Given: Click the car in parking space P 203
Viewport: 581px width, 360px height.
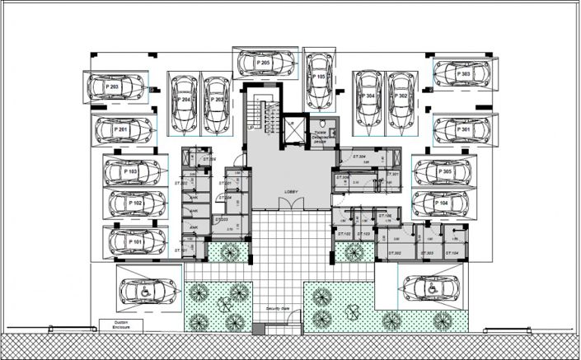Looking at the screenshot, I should pyautogui.click(x=115, y=86).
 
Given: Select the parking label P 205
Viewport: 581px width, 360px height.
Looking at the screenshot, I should pyautogui.click(x=263, y=63).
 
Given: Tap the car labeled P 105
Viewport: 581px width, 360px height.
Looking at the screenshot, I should pyautogui.click(x=319, y=78).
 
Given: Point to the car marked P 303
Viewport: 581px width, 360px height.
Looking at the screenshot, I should pyautogui.click(x=464, y=74).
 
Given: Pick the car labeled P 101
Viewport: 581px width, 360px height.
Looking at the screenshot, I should pyautogui.click(x=134, y=243).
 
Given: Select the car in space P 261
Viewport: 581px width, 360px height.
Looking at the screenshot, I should pyautogui.click(x=124, y=130).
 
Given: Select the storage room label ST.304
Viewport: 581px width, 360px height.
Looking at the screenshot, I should pyautogui.click(x=359, y=157).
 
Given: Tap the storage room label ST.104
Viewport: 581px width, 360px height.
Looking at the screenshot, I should pyautogui.click(x=452, y=253).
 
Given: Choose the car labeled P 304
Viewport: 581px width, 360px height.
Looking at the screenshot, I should pyautogui.click(x=367, y=101).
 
